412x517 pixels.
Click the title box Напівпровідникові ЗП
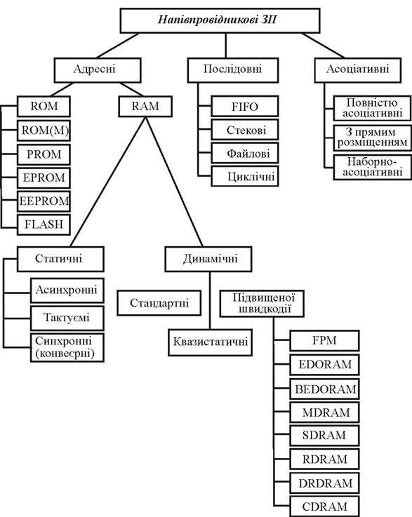click(220, 21)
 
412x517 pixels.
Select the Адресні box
click(98, 70)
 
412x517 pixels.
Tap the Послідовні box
click(233, 70)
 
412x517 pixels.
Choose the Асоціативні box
click(358, 70)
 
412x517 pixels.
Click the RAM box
click(145, 107)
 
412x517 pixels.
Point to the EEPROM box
click(44, 201)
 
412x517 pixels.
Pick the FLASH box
click(44, 225)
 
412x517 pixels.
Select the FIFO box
click(245, 106)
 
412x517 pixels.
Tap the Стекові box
click(245, 130)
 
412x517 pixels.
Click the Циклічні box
click(245, 176)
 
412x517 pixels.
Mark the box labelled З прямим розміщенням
click(373, 137)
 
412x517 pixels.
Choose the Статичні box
click(60, 259)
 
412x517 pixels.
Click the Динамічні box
click(208, 259)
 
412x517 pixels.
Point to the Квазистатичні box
click(211, 342)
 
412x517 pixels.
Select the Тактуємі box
click(67, 318)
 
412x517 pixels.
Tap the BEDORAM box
click(324, 389)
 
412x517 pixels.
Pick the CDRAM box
click(324, 506)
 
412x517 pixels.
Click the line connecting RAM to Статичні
click(108, 182)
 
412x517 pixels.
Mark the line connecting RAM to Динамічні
click(174, 182)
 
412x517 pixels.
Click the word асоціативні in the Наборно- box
click(373, 173)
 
